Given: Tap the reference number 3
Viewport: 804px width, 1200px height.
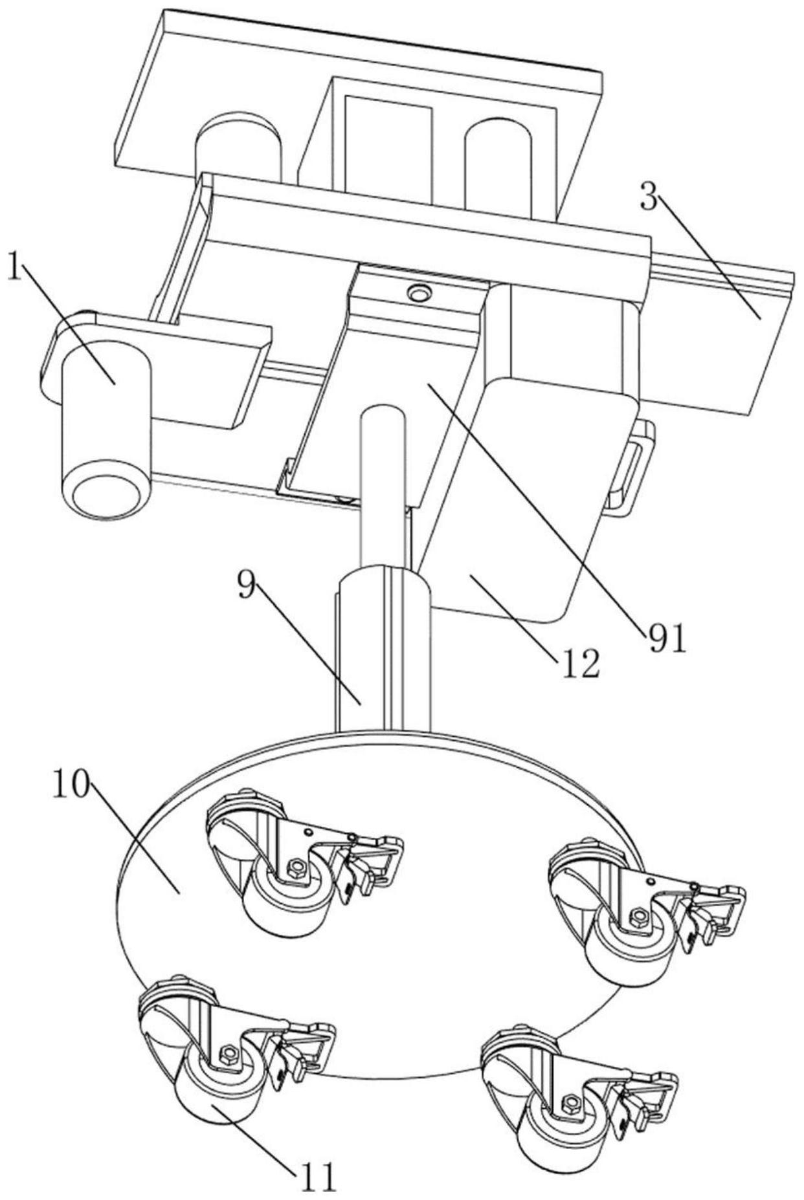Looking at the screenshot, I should tap(649, 199).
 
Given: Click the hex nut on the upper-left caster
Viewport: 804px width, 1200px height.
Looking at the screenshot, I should tap(297, 864).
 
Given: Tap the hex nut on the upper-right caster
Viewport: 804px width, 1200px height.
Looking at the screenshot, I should tap(639, 915).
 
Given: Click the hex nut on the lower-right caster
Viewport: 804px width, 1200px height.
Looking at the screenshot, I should tap(570, 1102).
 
